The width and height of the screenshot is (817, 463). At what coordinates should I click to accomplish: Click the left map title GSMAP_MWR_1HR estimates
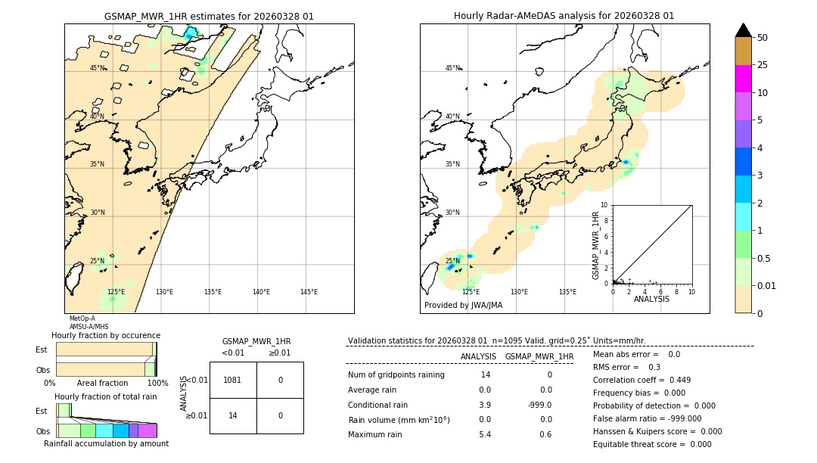click(209, 16)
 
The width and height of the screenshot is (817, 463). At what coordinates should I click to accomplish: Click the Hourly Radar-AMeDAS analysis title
click(564, 16)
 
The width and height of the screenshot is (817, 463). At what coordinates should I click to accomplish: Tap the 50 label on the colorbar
click(763, 37)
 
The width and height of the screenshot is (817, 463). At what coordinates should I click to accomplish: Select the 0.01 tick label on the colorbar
click(767, 285)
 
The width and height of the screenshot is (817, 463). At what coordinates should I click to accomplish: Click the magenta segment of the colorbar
click(744, 79)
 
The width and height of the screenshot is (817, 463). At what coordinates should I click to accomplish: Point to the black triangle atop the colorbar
click(744, 30)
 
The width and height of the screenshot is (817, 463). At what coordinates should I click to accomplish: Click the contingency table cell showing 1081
click(233, 380)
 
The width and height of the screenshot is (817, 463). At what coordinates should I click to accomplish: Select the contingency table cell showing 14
click(233, 415)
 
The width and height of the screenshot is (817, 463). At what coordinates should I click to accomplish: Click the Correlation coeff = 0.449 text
click(641, 380)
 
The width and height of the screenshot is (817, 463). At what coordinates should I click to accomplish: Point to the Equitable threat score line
click(652, 444)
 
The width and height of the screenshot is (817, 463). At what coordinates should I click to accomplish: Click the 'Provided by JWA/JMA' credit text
click(463, 306)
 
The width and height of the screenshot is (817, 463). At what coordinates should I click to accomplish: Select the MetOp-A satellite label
click(82, 319)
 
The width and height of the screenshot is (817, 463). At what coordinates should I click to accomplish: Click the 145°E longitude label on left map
click(309, 292)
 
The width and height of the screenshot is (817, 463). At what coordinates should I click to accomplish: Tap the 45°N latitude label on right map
click(452, 68)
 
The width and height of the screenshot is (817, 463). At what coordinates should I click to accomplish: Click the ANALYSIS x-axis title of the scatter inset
click(651, 299)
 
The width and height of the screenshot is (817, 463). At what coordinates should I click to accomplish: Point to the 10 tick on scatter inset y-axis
click(604, 205)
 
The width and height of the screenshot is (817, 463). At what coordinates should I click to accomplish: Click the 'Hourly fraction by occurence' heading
click(106, 335)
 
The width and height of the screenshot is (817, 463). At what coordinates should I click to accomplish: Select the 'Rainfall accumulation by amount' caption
click(106, 443)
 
